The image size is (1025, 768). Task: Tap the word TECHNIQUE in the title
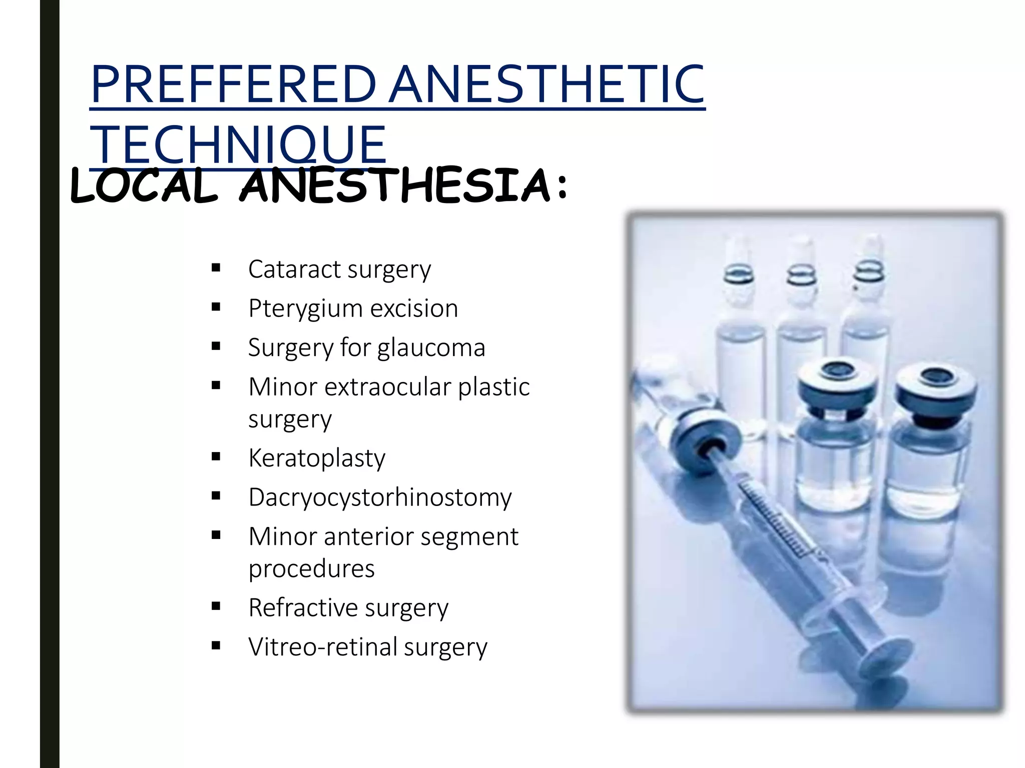(x=238, y=145)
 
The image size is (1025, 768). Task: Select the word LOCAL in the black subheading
(x=145, y=186)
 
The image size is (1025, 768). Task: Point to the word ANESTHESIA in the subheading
(x=395, y=186)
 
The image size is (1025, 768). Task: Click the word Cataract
(x=294, y=269)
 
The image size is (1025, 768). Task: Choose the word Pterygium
(x=305, y=309)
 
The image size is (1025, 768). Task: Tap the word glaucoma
(x=431, y=348)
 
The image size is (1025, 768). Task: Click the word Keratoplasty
(x=317, y=458)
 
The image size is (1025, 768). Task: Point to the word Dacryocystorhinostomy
(x=380, y=497)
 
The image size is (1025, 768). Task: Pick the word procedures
(x=311, y=569)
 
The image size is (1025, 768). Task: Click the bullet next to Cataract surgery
(x=216, y=268)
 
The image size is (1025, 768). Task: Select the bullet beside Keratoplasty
(x=216, y=456)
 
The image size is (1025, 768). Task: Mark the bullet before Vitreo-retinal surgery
(x=216, y=645)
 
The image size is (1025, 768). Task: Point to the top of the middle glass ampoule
(x=800, y=250)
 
